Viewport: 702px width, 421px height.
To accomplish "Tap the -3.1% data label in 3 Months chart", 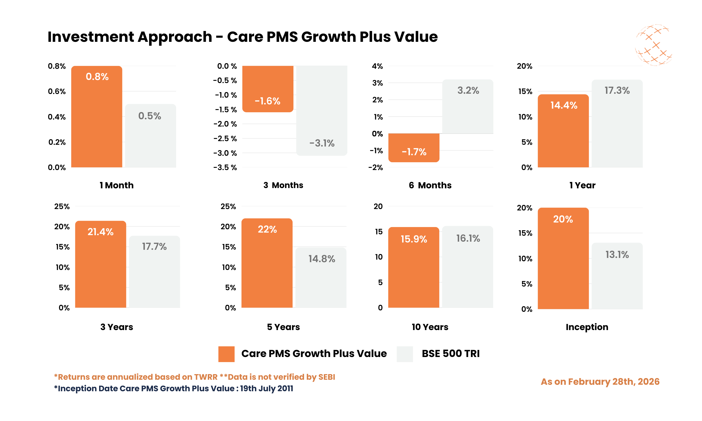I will click(322, 143).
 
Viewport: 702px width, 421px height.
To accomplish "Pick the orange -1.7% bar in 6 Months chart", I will click(414, 148).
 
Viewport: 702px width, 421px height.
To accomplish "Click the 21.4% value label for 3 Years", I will click(101, 232).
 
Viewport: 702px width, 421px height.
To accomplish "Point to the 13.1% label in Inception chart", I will click(617, 255).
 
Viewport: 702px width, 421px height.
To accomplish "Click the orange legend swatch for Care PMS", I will click(226, 354).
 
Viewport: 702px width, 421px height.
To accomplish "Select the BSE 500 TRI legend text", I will click(450, 354).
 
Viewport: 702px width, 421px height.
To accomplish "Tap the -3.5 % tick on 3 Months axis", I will click(225, 168).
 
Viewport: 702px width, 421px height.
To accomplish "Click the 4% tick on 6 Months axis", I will click(377, 67).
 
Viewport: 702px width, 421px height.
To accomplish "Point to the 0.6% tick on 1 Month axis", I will click(56, 91).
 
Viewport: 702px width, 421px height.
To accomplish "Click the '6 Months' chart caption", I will click(430, 185).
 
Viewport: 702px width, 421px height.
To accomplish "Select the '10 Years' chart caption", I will click(430, 327).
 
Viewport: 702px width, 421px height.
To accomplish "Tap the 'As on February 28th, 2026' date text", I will click(600, 382).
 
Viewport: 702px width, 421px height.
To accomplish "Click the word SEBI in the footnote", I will click(327, 377).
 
